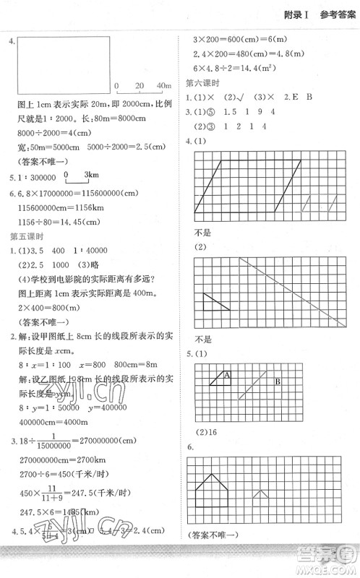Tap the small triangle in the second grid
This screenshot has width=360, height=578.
(214, 301)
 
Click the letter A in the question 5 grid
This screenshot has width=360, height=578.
(226, 374)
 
